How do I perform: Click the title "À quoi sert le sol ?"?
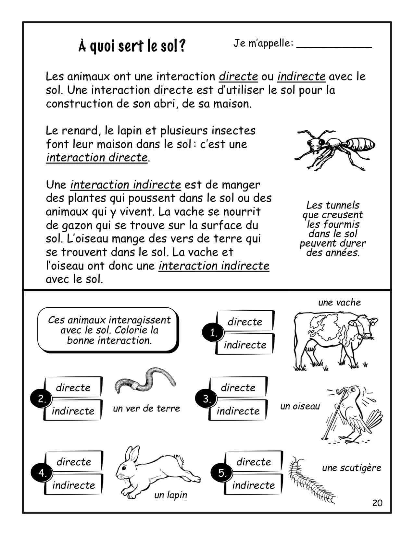click(x=132, y=46)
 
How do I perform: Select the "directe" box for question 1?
click(x=245, y=322)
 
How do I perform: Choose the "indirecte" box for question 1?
click(x=245, y=345)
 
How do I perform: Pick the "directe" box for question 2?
click(x=73, y=387)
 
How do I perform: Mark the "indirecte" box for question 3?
click(x=238, y=411)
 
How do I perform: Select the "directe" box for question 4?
click(x=74, y=462)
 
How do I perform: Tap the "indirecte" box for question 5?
click(x=253, y=485)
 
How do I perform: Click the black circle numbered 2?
click(x=42, y=399)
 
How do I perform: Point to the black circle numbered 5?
click(x=222, y=473)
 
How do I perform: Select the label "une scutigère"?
click(x=351, y=468)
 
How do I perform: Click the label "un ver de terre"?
click(x=146, y=409)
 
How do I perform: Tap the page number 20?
click(x=377, y=503)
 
